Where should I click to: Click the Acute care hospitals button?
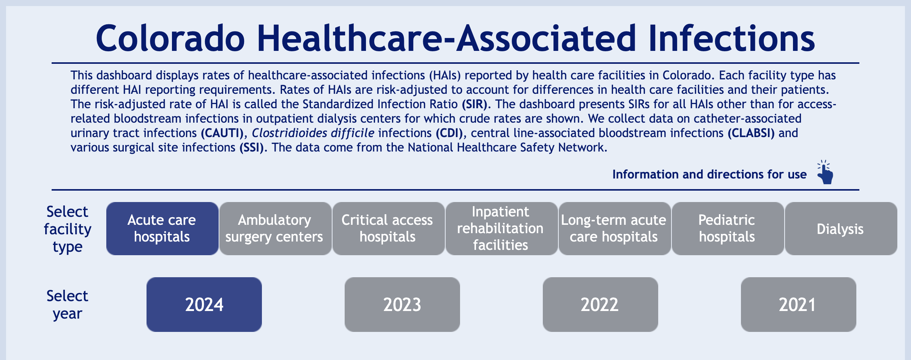pyautogui.click(x=162, y=229)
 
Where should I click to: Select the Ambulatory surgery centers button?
pyautogui.click(x=275, y=229)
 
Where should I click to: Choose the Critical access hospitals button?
pyautogui.click(x=388, y=229)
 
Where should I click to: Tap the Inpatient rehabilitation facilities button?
pyautogui.click(x=501, y=229)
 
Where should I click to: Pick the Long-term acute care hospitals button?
pyautogui.click(x=615, y=229)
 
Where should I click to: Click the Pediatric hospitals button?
pyautogui.click(x=728, y=229)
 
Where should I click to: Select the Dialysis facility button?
pyautogui.click(x=841, y=229)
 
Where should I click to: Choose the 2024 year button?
pyautogui.click(x=204, y=305)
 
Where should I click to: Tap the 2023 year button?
pyautogui.click(x=402, y=305)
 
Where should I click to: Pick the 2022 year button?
pyautogui.click(x=601, y=305)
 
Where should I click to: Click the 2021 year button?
pyautogui.click(x=799, y=305)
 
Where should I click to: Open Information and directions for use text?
pyautogui.click(x=709, y=174)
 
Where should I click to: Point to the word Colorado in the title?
pyautogui.click(x=170, y=38)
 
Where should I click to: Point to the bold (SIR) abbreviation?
pyautogui.click(x=474, y=104)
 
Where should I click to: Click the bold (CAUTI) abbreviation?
pyautogui.click(x=222, y=133)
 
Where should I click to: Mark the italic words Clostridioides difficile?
pyautogui.click(x=313, y=133)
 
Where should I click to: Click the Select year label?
pyautogui.click(x=67, y=305)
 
